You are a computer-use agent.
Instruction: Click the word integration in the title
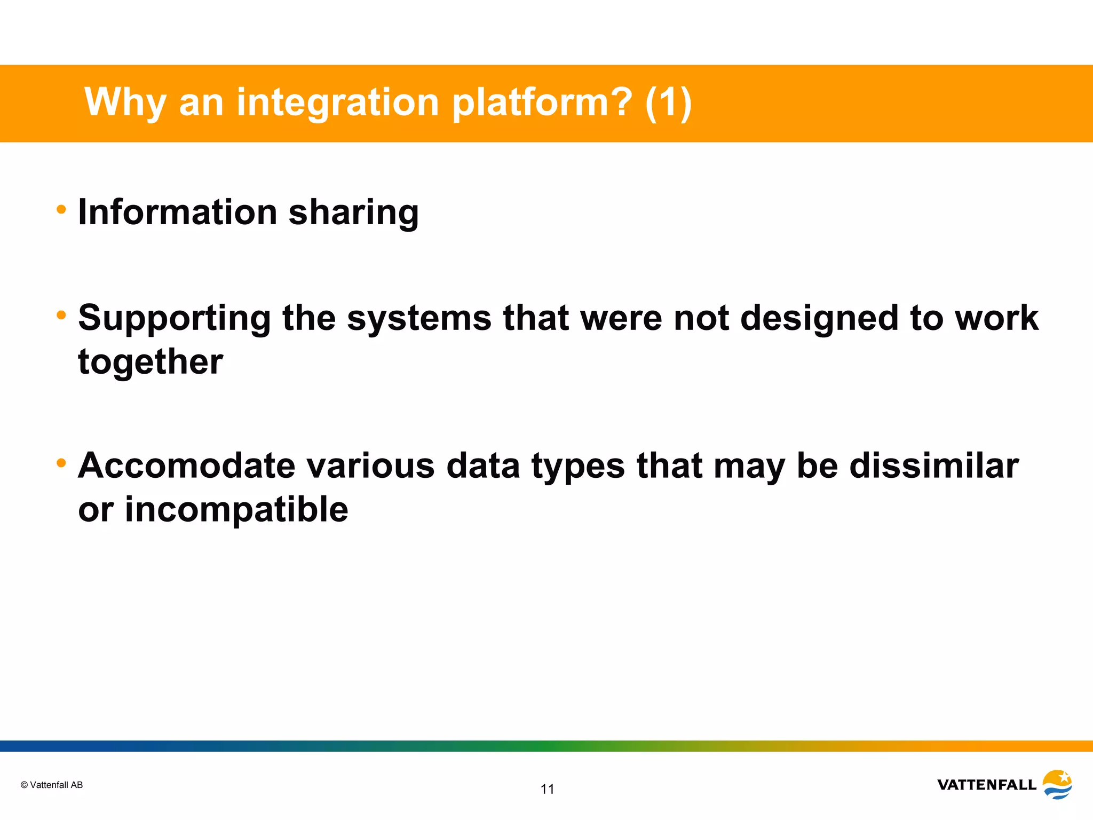click(337, 102)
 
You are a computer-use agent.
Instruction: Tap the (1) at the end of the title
click(668, 102)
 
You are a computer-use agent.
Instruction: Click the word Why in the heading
click(125, 102)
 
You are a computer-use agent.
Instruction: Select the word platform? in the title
click(542, 102)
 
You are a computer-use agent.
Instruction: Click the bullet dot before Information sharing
click(61, 210)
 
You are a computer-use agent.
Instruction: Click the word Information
click(178, 212)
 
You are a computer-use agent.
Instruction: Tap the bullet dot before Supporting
click(61, 316)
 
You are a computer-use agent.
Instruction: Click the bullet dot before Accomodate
click(61, 463)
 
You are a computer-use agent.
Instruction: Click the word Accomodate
click(186, 466)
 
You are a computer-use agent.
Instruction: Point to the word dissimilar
click(934, 466)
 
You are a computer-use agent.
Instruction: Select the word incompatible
click(236, 510)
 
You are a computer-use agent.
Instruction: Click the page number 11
click(548, 789)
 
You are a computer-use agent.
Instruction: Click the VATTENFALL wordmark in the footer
click(987, 785)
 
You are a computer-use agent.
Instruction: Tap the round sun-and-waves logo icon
click(1057, 784)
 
